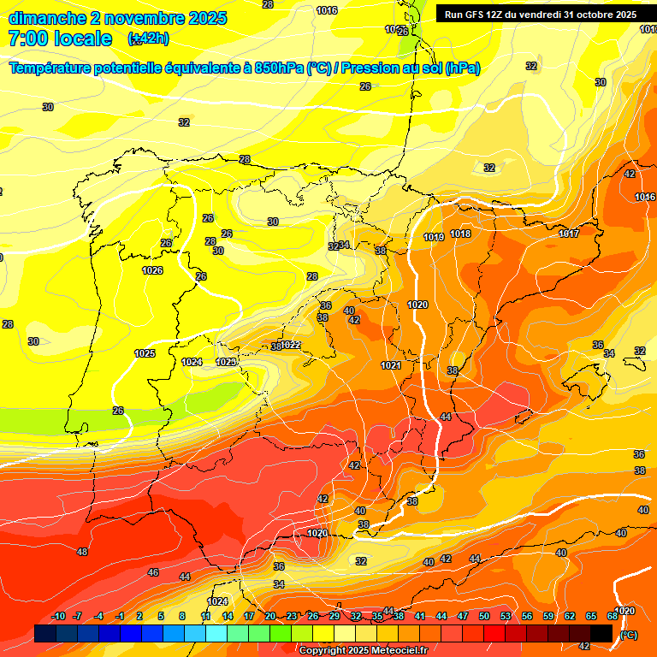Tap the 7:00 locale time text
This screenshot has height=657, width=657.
pos(60,38)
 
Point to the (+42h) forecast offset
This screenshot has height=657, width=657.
pos(148,38)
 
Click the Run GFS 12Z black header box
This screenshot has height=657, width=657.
pos(541,14)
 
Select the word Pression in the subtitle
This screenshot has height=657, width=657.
pos(380,68)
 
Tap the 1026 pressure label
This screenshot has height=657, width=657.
pos(152,271)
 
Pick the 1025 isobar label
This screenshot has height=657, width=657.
pos(145,353)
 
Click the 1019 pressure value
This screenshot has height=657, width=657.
pos(434,237)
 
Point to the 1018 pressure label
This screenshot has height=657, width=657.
pos(460,234)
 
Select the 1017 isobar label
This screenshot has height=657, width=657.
pos(569,234)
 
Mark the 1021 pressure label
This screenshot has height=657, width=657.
pos(391,365)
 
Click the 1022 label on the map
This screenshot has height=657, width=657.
pos(290,345)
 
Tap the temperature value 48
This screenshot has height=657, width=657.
pos(82,552)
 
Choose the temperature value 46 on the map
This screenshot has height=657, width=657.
pos(153,572)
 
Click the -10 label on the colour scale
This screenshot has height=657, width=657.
pos(59,616)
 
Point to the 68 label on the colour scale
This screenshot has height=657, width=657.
pos(613,616)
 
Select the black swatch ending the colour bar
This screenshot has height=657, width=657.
pos(601,633)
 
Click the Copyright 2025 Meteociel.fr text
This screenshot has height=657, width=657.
pos(364,650)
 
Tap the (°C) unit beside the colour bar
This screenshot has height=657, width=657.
pos(629,634)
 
